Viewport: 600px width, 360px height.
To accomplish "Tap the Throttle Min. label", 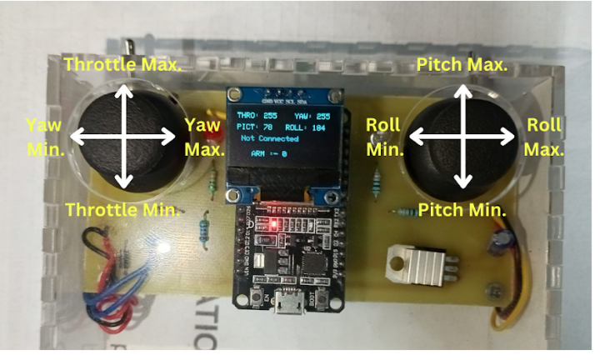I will tap(122, 209).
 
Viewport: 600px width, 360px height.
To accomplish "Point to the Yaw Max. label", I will tap(204, 136).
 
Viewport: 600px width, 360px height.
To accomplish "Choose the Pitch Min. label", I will tap(462, 209).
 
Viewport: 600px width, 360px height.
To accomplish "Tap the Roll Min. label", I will tap(384, 136).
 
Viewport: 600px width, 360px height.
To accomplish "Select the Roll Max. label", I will tap(545, 136).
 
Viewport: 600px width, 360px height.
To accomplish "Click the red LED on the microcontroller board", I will tap(270, 225).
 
